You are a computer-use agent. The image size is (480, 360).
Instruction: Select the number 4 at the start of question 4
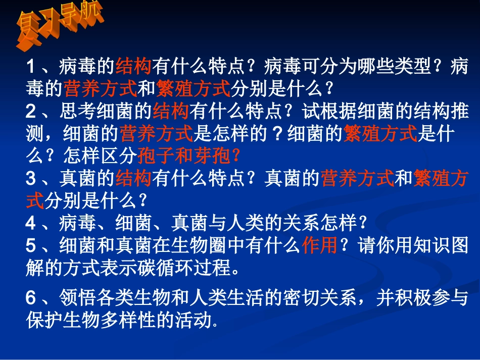point(30,223)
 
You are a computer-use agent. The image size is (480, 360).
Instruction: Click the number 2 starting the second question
point(30,111)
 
